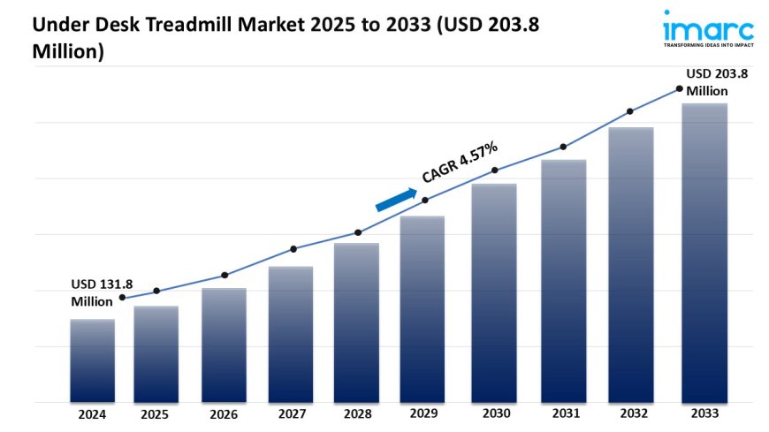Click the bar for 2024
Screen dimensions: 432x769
pyautogui.click(x=92, y=360)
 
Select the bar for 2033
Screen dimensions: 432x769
pyautogui.click(x=704, y=253)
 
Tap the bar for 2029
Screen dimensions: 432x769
pyautogui.click(x=423, y=309)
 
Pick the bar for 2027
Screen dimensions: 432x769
pyautogui.click(x=291, y=334)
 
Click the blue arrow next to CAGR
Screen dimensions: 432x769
pyautogui.click(x=395, y=200)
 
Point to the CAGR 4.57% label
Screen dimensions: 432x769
pyautogui.click(x=459, y=163)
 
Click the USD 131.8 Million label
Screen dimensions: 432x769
pyautogui.click(x=102, y=292)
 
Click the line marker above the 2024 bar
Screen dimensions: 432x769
pyautogui.click(x=122, y=298)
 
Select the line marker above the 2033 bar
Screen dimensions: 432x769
pyautogui.click(x=679, y=88)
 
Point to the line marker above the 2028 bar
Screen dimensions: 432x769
pyautogui.click(x=358, y=232)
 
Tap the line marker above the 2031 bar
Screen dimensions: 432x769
pyautogui.click(x=562, y=147)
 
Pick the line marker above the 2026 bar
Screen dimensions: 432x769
pyautogui.click(x=225, y=275)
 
